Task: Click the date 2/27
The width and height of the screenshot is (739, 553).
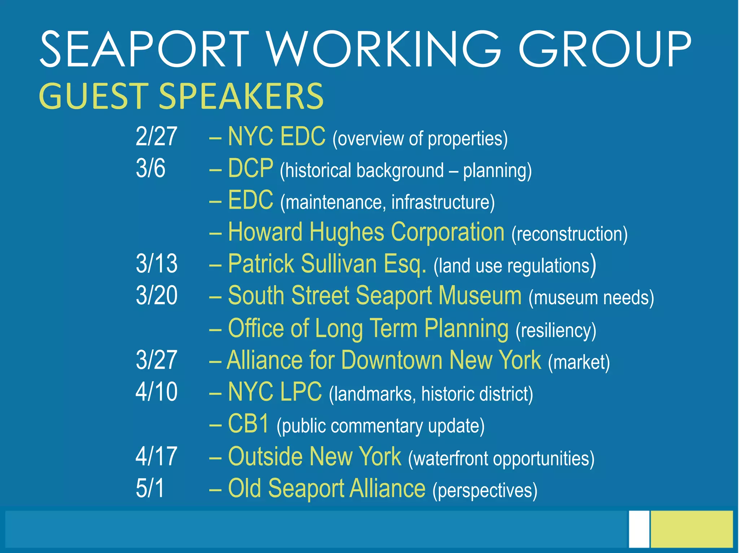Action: [x=156, y=136]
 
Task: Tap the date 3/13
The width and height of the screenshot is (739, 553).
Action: [x=157, y=264]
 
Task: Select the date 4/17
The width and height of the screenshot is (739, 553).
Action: [x=156, y=456]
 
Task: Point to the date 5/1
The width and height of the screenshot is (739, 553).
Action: [x=150, y=488]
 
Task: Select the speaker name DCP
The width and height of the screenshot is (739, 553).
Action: [x=250, y=168]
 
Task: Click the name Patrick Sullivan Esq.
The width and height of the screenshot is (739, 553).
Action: [x=327, y=264]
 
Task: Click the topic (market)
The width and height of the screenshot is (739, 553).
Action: [x=579, y=362]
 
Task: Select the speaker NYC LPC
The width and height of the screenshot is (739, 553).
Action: [x=275, y=392]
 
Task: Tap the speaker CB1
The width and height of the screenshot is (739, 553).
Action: [x=249, y=424]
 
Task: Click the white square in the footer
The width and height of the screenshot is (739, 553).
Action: [x=639, y=528]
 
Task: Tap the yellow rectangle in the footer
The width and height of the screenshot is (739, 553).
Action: [x=692, y=528]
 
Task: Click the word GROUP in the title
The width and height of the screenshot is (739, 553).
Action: [x=604, y=49]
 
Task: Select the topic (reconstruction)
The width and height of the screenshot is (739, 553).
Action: [x=569, y=234]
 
